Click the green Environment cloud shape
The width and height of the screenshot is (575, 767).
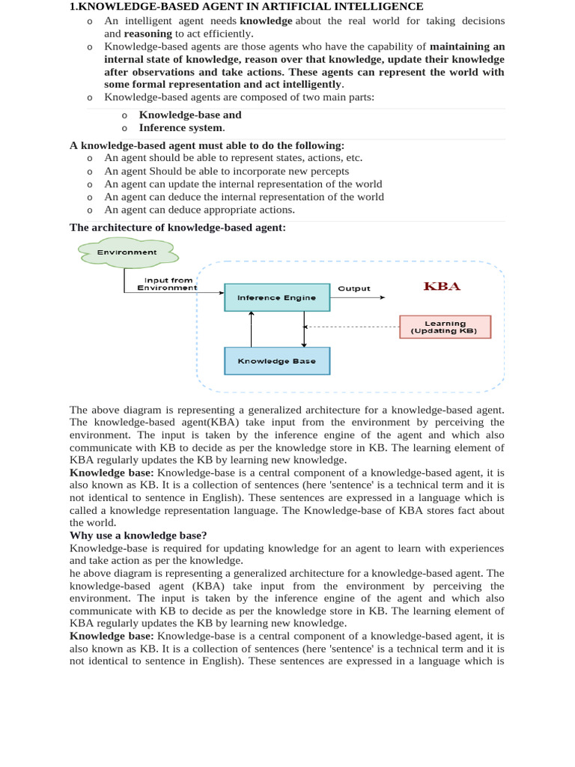tap(127, 252)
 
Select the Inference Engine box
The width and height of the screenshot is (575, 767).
tap(277, 297)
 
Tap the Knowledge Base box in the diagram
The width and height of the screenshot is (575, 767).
tap(277, 361)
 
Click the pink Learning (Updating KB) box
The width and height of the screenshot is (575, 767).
tap(445, 327)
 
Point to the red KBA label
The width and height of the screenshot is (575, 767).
tap(442, 286)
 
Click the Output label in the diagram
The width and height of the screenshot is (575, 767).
tap(353, 288)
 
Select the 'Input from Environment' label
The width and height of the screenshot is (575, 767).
tap(168, 284)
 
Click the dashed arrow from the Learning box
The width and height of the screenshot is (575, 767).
tap(352, 327)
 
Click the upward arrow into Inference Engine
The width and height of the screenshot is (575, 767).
tap(251, 330)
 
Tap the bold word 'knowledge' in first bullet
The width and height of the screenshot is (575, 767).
tap(266, 21)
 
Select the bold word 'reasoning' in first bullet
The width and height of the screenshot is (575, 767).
tap(147, 34)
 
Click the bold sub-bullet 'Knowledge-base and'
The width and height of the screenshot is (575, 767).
tap(190, 115)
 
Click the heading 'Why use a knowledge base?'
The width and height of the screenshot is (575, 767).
tap(139, 535)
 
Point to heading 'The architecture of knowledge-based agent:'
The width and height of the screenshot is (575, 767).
tap(177, 227)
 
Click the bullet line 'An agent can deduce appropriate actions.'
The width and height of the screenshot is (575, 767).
tap(199, 210)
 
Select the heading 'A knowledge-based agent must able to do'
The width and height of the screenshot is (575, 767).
tap(207, 145)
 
